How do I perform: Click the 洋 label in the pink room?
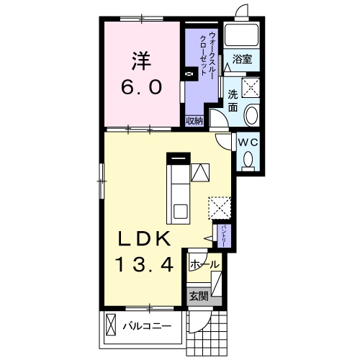142,61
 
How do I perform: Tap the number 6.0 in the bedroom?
141,87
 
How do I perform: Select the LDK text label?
144,239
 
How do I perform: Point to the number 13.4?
145,264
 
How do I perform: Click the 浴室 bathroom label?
242,59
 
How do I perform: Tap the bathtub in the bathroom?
241,35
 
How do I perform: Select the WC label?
248,143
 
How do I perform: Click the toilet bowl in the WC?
248,159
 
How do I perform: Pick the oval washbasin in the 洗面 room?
251,115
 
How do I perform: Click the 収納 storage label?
194,121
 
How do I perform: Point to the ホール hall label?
204,265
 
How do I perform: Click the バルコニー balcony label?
147,326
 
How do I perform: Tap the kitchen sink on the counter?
180,212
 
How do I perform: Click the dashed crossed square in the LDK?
220,208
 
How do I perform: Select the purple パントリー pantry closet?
224,236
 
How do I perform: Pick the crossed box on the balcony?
110,325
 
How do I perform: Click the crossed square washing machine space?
251,88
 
